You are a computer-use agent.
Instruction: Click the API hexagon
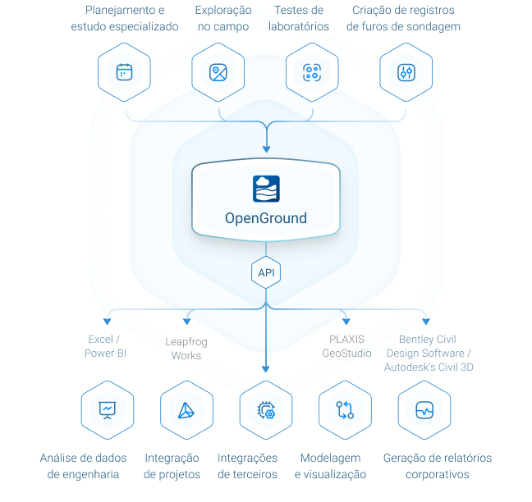pyautogui.click(x=266, y=272)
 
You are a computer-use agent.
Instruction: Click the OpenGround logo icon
pyautogui.click(x=266, y=189)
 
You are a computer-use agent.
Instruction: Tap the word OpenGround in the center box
pyautogui.click(x=266, y=218)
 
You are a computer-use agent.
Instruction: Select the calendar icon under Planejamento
pyautogui.click(x=124, y=72)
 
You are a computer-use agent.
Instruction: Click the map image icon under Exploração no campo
pyautogui.click(x=218, y=72)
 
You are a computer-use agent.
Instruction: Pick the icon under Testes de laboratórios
pyautogui.click(x=312, y=72)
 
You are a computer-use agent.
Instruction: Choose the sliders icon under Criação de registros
pyautogui.click(x=406, y=72)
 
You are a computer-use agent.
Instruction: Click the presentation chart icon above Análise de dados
pyautogui.click(x=108, y=410)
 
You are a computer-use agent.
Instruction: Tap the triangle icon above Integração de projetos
pyautogui.click(x=186, y=410)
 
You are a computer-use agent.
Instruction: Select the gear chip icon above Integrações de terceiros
pyautogui.click(x=266, y=410)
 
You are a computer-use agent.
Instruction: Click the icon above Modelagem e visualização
pyautogui.click(x=345, y=410)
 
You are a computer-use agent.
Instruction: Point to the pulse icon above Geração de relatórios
pyautogui.click(x=424, y=410)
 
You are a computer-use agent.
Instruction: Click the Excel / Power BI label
pyautogui.click(x=105, y=346)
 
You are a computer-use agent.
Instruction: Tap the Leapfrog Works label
pyautogui.click(x=186, y=349)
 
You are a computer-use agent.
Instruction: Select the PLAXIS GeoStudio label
pyautogui.click(x=346, y=346)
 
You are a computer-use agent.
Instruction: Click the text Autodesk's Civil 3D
pyautogui.click(x=429, y=367)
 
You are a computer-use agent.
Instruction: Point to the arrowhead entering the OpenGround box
pyautogui.click(x=266, y=148)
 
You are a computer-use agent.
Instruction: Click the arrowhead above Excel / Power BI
pyautogui.click(x=108, y=322)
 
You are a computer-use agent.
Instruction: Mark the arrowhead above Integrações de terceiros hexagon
pyautogui.click(x=266, y=369)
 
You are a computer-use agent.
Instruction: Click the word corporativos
pyautogui.click(x=438, y=474)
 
